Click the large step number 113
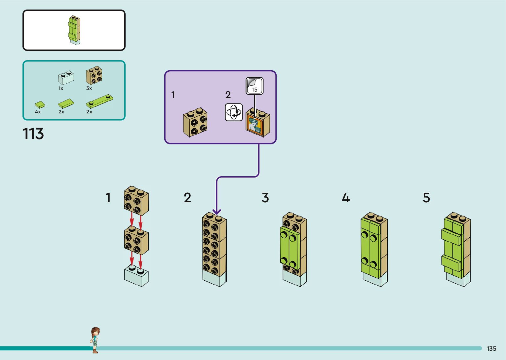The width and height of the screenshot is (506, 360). point(33,134)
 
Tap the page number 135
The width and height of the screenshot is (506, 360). point(491,348)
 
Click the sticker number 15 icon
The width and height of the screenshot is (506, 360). point(254,86)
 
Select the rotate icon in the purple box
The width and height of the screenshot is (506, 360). point(234,112)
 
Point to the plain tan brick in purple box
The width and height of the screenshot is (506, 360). point(195,122)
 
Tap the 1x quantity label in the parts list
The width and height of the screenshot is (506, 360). point(61,88)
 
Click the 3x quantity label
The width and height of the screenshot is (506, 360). point(89,88)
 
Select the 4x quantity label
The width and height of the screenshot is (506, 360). point(38,112)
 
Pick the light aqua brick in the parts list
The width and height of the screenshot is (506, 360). point(66,78)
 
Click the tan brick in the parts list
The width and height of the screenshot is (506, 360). point(94,76)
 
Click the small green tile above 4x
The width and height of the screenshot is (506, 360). point(40,105)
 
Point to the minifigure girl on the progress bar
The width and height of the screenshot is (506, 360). point(95,340)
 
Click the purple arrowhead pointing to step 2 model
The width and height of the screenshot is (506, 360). point(216,211)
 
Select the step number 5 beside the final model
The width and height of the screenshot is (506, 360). point(426,198)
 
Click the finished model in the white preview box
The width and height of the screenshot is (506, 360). point(74,30)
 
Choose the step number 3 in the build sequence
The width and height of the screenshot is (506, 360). point(265,198)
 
